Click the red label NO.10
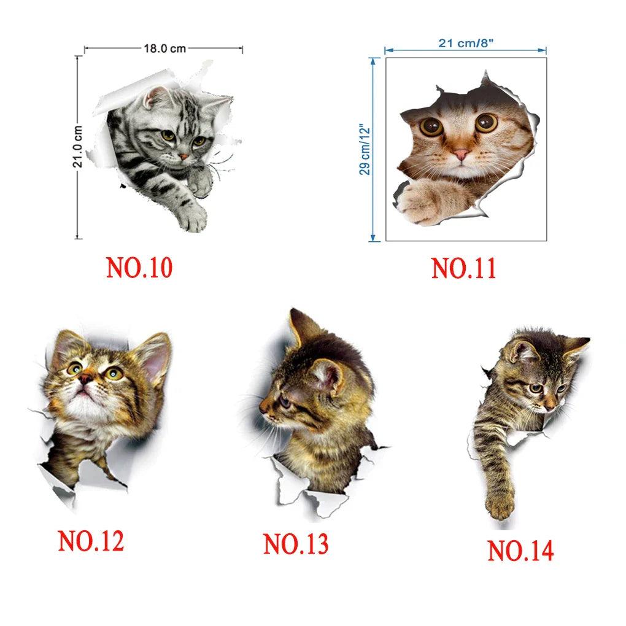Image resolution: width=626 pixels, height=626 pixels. coord(139,268)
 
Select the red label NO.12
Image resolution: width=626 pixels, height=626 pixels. coord(91,541)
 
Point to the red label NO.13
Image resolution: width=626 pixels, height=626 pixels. coord(296,543)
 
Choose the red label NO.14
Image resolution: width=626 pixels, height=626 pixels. coord(520,551)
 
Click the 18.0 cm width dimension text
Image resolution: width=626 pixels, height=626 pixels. coord(165,48)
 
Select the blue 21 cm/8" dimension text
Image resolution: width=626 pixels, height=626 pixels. coord(466,43)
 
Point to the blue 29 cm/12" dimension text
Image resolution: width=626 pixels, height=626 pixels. coord(365,149)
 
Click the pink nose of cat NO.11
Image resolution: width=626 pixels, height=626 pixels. coord(461,154)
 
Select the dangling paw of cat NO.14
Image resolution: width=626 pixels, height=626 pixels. coord(499,506)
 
